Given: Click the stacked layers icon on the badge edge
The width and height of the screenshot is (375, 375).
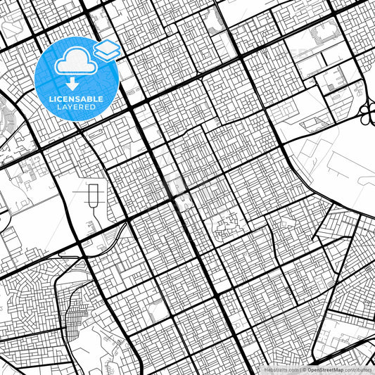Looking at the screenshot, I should point(107,49).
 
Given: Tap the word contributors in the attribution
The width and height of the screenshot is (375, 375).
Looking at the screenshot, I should point(362,369).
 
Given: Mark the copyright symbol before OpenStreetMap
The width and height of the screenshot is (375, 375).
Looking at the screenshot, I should point(304,369).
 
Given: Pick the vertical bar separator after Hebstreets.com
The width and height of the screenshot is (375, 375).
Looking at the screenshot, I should point(300,369).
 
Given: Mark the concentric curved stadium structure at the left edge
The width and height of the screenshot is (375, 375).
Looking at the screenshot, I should point(6,113).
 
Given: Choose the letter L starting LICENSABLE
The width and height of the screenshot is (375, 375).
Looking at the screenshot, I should point(50,98).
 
